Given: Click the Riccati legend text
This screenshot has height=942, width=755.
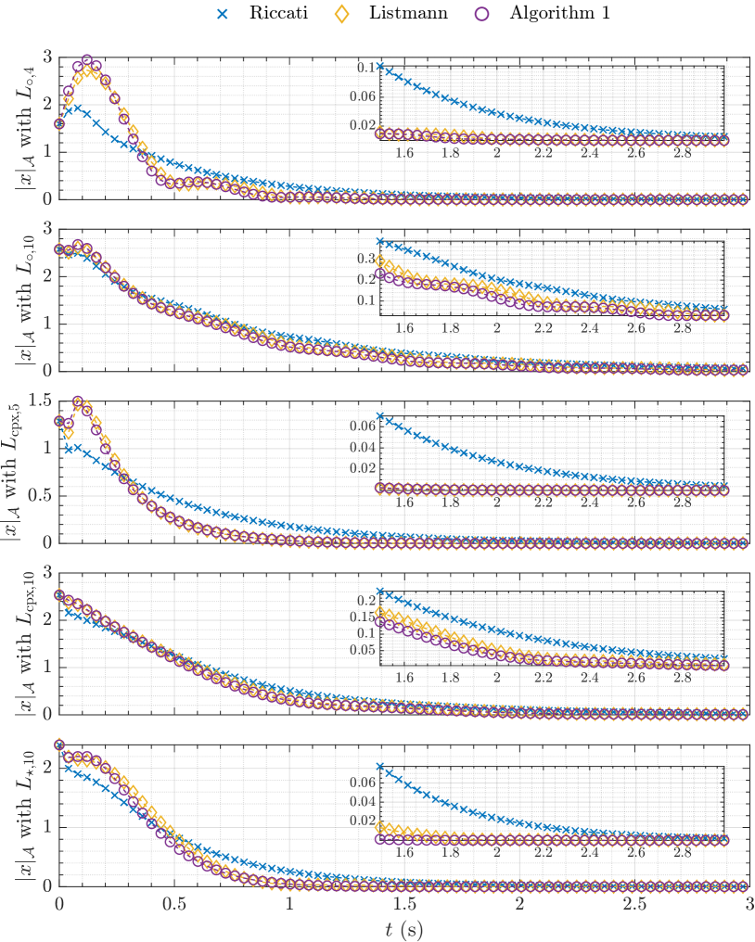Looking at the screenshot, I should pos(272,14).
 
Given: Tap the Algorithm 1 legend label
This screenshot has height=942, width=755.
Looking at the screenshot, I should pos(561,14).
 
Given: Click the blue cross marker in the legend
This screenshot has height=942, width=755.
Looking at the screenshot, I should pos(221,14).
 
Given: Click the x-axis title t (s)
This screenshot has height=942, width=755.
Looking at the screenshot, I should pos(404,926).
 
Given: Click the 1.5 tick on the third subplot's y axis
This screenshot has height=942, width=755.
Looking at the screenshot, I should pos(39,400).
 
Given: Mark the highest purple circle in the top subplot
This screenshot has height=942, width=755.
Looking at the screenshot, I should pos(87,60).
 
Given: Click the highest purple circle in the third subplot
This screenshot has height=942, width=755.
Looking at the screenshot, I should pos(78,402).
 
